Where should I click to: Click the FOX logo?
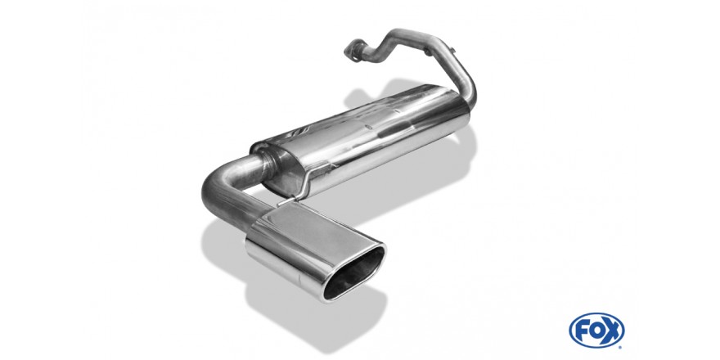596,330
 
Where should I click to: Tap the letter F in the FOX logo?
581,331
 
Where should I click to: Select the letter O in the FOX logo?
595,331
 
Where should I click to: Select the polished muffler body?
362,137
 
